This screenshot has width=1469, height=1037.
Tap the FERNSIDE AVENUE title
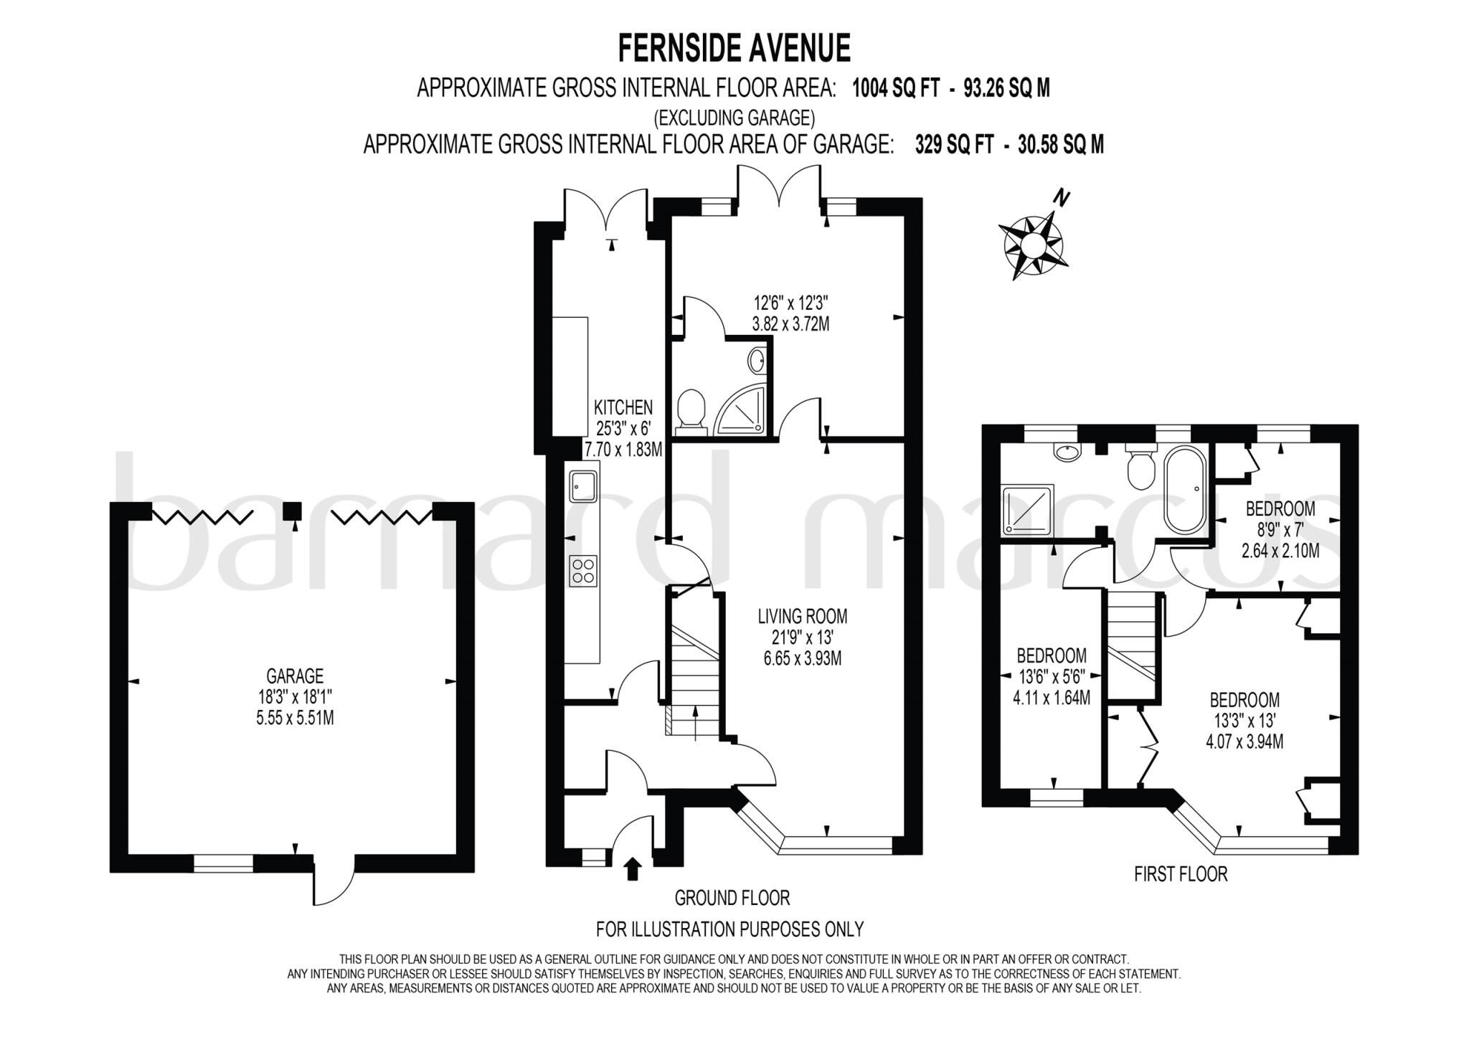coord(734,49)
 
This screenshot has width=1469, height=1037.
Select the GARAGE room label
coord(295,676)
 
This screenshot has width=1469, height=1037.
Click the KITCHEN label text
coord(623,407)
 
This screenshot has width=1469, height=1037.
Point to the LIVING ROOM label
coord(803,615)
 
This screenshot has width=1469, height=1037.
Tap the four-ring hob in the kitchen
coord(583,572)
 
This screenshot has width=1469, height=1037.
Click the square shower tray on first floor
coord(1029,508)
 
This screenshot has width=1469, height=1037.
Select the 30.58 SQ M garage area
coord(1061,145)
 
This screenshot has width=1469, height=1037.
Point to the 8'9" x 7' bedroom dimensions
coord(1279,530)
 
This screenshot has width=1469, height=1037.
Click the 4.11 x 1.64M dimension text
coord(1051,696)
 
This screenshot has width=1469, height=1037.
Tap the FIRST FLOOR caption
coord(1181,874)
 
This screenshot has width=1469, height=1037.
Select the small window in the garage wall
coord(223,863)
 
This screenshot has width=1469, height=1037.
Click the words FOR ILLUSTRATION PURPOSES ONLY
coord(729,929)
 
